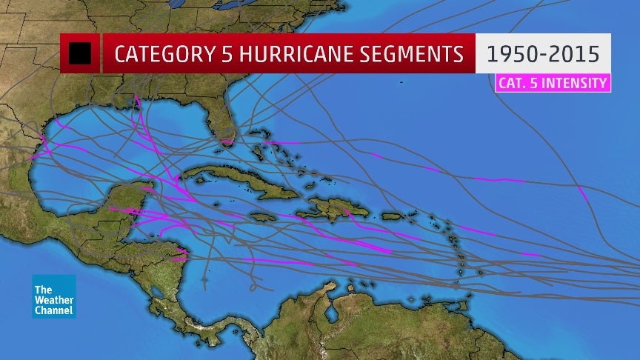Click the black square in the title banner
tap(80, 53)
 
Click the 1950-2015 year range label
tap(543, 54)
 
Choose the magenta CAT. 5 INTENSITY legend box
tap(553, 82)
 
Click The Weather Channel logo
tap(53, 296)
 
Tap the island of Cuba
tap(237, 185)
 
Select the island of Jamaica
tap(264, 217)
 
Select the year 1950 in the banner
tap(512, 54)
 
